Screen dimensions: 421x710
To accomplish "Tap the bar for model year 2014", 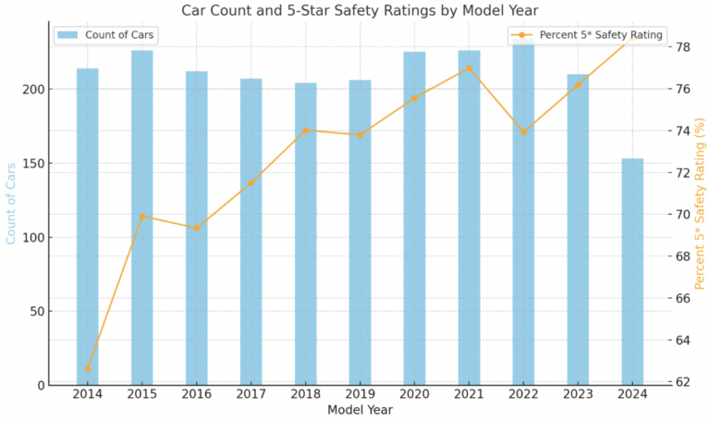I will pyautogui.click(x=88, y=227).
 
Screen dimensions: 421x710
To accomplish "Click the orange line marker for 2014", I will pyautogui.click(x=88, y=368).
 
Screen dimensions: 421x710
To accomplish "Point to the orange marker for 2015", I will pyautogui.click(x=142, y=217).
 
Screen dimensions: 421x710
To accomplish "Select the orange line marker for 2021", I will pyautogui.click(x=470, y=68).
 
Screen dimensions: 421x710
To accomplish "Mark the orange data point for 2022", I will pyautogui.click(x=524, y=132).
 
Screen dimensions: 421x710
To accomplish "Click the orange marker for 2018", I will pyautogui.click(x=306, y=130).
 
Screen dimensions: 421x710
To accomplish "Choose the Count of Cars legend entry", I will pyautogui.click(x=106, y=35).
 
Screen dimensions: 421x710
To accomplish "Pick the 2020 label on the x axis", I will pyautogui.click(x=415, y=395).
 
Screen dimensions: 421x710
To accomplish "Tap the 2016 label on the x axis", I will pyautogui.click(x=197, y=395).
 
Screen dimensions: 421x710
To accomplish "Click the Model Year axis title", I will pyautogui.click(x=360, y=410).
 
